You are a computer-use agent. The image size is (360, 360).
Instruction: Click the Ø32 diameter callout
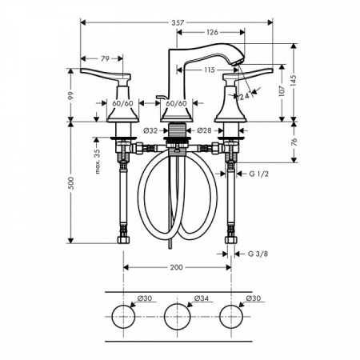(150, 130)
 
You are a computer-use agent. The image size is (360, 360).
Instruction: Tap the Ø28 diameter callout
(204, 130)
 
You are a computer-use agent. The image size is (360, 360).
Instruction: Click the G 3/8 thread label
(258, 254)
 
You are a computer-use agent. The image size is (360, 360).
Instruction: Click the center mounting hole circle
(177, 318)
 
